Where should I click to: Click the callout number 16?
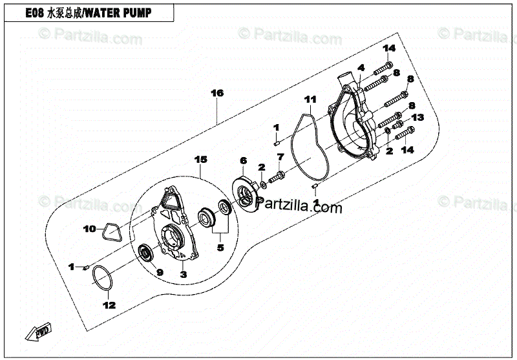pos(216,94)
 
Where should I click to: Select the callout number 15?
pos(200,159)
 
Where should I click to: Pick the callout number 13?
pos(417,118)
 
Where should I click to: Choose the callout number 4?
pos(361,67)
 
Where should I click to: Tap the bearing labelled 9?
pos(147,253)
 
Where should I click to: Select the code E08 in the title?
pos(34,14)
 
